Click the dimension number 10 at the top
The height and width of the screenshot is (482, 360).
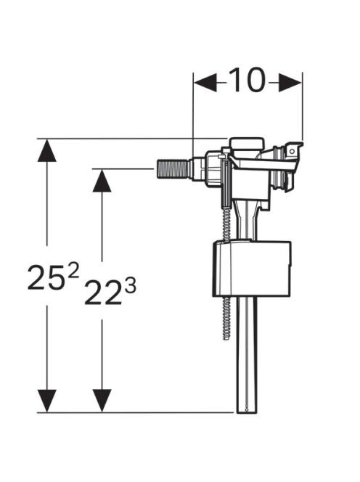247,80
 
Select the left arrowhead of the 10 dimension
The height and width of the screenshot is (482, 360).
205,82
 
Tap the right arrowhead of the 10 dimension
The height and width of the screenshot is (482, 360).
290,82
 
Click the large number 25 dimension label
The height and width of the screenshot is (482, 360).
46,277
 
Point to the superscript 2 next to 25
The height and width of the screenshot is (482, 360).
73,270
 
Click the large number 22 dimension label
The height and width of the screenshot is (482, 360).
102,293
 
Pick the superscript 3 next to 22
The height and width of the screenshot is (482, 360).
130,286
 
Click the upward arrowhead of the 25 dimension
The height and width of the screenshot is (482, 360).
46,150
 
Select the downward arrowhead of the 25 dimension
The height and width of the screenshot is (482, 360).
46,401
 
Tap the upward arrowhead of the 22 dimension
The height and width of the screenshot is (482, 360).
102,181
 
